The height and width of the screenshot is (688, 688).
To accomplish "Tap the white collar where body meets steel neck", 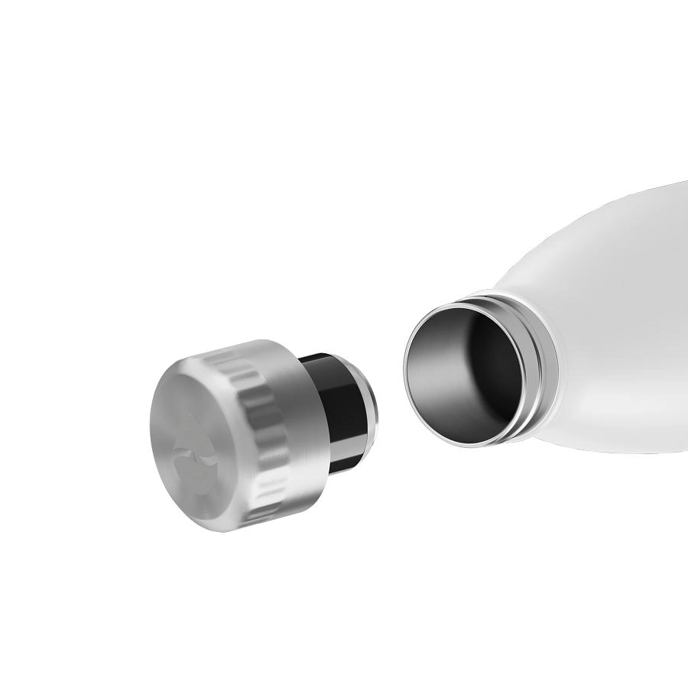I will click(x=554, y=336).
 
